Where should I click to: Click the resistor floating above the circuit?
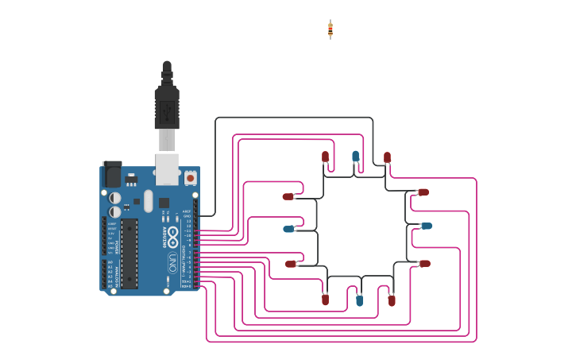pyautogui.click(x=331, y=30)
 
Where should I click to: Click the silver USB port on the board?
pyautogui.click(x=167, y=168)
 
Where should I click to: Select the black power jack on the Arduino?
pyautogui.click(x=112, y=174)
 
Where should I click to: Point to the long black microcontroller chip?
pyautogui.click(x=129, y=254)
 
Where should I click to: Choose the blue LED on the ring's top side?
pyautogui.click(x=355, y=157)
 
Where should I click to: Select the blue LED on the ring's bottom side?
pyautogui.click(x=359, y=300)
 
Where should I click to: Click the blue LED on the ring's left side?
pyautogui.click(x=289, y=229)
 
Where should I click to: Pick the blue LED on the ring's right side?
pyautogui.click(x=426, y=226)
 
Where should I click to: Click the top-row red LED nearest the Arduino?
pyautogui.click(x=325, y=157)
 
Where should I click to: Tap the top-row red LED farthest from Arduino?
pyautogui.click(x=387, y=157)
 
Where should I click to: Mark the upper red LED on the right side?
pyautogui.click(x=423, y=192)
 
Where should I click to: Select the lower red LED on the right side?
pyautogui.click(x=424, y=263)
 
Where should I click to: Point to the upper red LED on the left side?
pyautogui.click(x=288, y=196)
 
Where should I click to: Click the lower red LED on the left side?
pyautogui.click(x=291, y=264)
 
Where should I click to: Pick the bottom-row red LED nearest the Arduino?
pyautogui.click(x=325, y=300)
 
